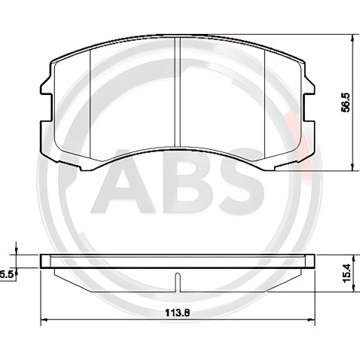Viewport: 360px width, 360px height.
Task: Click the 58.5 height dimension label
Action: [346, 102]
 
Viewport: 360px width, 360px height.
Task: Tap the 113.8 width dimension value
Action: [177, 313]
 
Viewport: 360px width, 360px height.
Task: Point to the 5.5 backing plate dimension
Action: [6, 274]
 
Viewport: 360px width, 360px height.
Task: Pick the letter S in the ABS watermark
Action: [242, 182]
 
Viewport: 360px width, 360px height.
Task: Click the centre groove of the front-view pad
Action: [178, 93]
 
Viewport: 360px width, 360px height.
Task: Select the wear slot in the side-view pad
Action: [178, 282]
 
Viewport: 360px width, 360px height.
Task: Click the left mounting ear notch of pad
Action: [46, 108]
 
